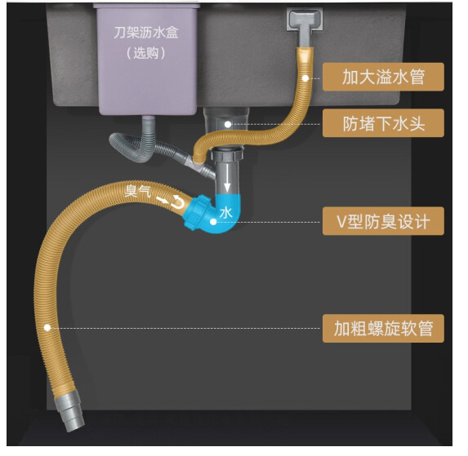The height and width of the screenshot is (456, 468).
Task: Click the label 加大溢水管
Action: [383, 77]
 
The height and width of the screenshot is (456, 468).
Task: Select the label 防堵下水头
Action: [383, 123]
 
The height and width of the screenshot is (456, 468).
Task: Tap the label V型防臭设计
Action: [383, 221]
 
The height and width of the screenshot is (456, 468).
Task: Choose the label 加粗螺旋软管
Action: [383, 328]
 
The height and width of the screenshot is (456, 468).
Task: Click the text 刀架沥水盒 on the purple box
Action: [146, 33]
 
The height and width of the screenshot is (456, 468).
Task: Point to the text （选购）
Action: [146, 53]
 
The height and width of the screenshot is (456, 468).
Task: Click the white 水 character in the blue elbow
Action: [225, 213]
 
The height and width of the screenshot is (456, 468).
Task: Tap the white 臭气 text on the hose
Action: [137, 191]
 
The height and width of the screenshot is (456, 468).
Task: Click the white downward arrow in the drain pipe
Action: [227, 178]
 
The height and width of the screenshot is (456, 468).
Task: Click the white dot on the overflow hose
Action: [305, 78]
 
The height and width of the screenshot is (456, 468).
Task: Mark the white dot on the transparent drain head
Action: [228, 124]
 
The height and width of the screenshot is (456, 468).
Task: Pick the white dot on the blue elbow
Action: [213, 222]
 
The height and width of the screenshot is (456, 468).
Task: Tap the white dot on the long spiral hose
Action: [47, 328]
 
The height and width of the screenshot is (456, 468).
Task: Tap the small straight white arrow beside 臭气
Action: [163, 200]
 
